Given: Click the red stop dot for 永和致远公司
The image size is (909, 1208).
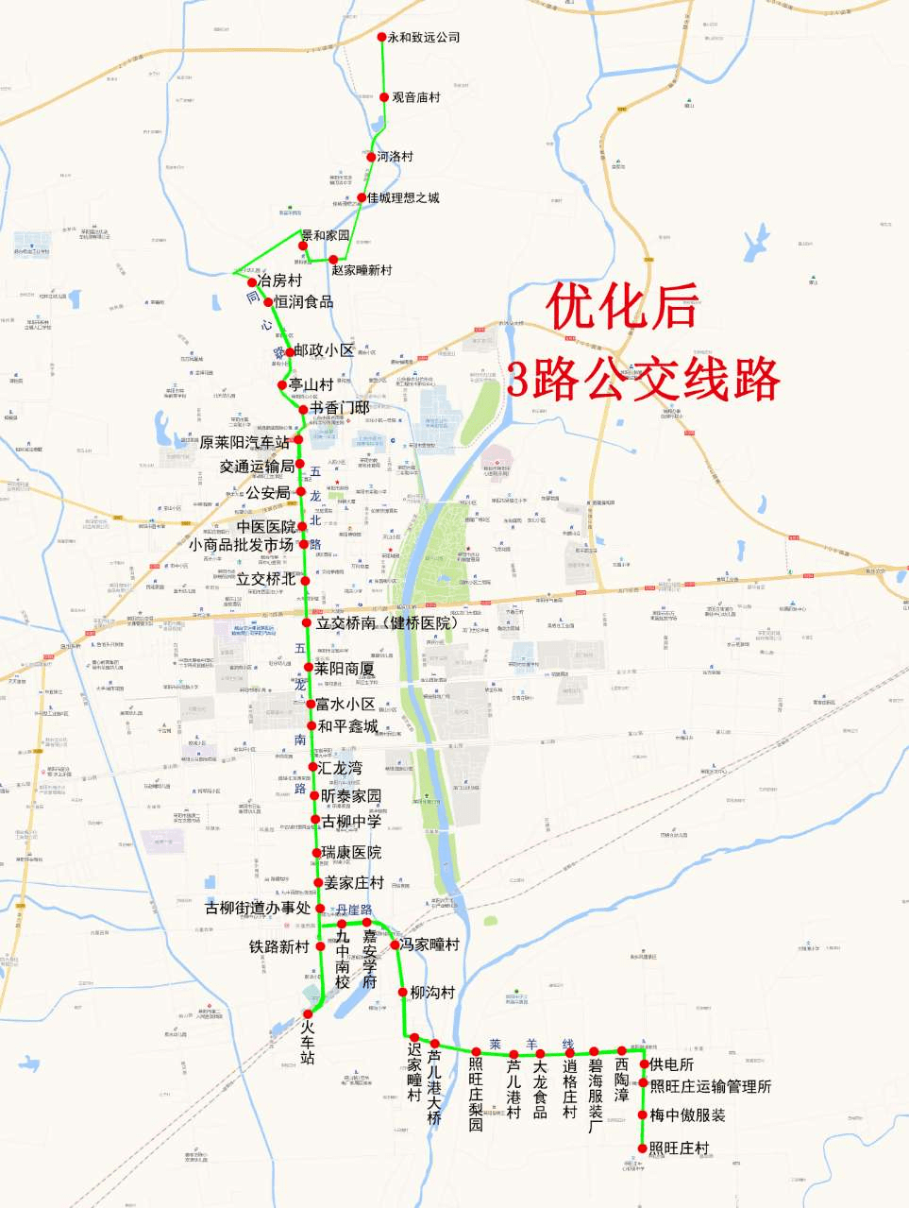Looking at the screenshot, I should point(382,37).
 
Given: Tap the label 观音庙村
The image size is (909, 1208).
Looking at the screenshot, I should point(416,97).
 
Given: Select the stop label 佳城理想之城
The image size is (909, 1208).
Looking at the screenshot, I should point(403,198).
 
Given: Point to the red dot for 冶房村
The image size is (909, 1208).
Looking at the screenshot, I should point(252,282).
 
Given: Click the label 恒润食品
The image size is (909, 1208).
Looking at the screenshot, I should point(304,302).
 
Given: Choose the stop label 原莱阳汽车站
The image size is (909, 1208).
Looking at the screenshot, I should point(244,441).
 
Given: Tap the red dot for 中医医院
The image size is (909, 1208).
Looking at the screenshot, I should point(302,527).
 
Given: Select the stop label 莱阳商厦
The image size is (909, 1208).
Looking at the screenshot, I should point(345,669).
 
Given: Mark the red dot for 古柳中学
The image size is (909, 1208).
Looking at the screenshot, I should point(317,821).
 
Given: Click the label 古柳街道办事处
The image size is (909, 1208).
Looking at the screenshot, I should point(258,909).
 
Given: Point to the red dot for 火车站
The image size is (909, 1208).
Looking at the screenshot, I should point(308,1013).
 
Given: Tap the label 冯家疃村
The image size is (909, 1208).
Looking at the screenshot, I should point(429,944).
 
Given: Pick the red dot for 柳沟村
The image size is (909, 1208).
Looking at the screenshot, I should point(403,993).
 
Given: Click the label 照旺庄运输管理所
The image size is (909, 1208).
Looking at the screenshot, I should point(710,1087).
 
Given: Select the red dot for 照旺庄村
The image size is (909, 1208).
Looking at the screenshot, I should point(643,1148).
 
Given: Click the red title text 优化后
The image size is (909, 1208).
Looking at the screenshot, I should point(624,308).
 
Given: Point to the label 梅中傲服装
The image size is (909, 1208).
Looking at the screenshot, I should point(687,1115).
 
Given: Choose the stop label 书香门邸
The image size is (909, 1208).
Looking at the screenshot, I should point(339,409).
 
